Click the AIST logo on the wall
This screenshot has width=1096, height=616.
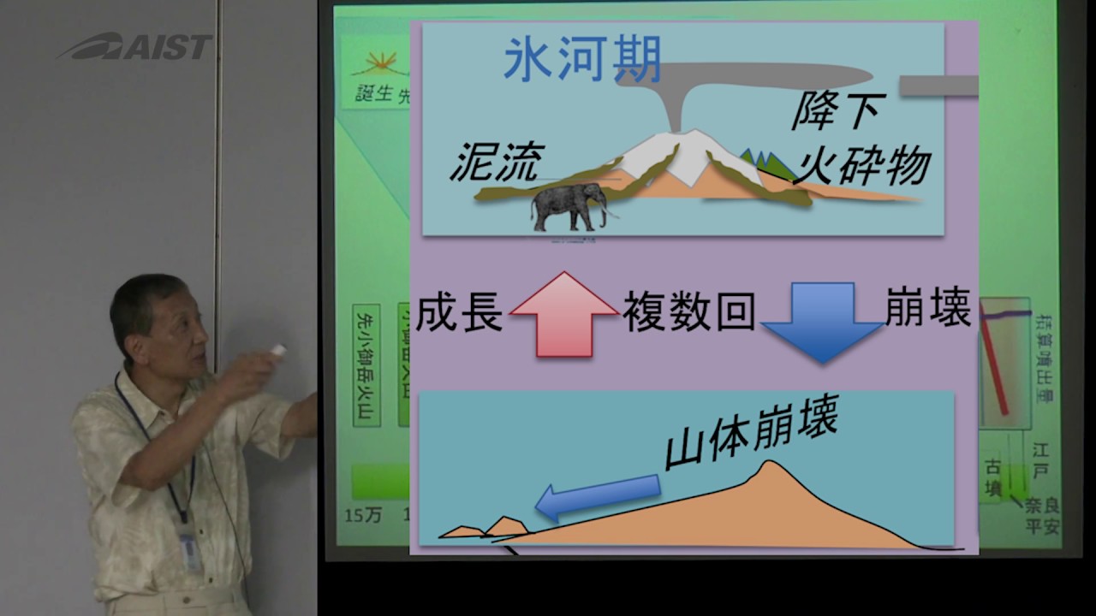click(x=135, y=46)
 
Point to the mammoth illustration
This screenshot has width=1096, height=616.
click(x=568, y=209)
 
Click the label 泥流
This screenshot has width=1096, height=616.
click(x=497, y=161)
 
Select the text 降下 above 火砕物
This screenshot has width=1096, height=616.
click(x=838, y=111)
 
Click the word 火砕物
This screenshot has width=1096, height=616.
click(x=861, y=163)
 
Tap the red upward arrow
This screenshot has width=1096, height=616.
click(x=563, y=314)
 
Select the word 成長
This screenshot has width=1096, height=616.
click(x=460, y=314)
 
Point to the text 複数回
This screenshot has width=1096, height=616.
click(x=688, y=313)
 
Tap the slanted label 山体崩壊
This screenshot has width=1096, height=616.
click(x=751, y=436)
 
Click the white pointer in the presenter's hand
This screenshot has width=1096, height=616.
click(x=277, y=350)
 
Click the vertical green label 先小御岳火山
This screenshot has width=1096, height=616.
click(x=366, y=364)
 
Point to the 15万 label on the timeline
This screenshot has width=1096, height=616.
click(x=363, y=515)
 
